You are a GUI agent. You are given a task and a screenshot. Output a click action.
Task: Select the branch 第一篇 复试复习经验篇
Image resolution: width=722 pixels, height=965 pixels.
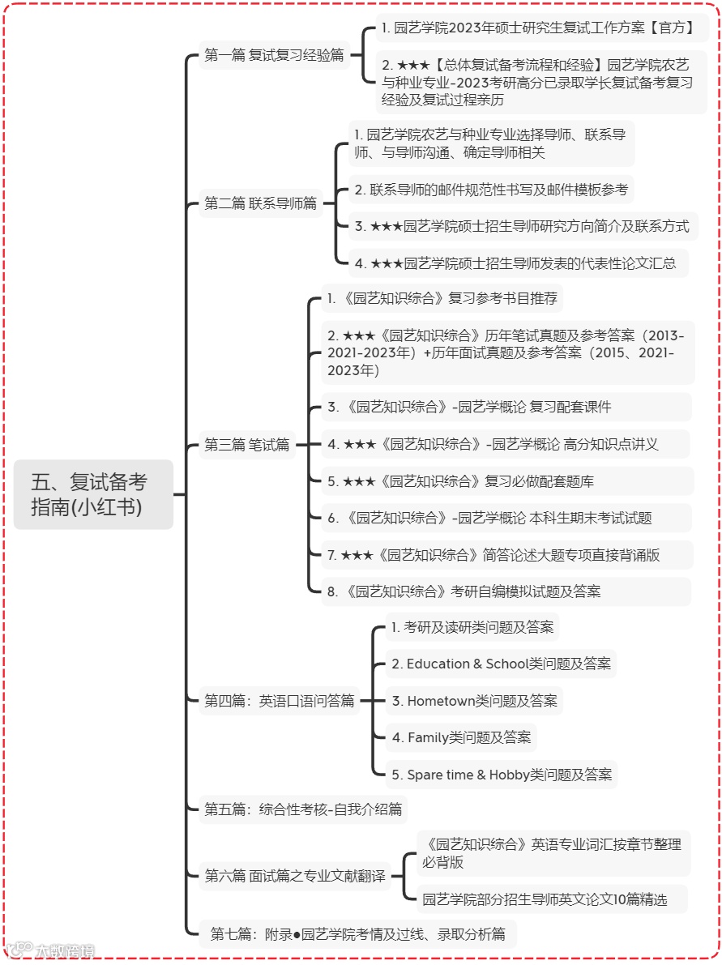[274, 56]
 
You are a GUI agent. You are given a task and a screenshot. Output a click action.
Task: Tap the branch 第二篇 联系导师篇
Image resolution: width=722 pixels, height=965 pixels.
[260, 203]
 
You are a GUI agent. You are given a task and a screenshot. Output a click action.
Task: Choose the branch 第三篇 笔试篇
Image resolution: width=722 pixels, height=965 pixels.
[246, 445]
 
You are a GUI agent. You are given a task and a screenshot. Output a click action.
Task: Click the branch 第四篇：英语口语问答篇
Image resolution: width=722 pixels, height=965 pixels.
[279, 701]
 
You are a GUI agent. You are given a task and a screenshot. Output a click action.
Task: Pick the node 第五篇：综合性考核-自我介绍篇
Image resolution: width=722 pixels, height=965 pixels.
[303, 809]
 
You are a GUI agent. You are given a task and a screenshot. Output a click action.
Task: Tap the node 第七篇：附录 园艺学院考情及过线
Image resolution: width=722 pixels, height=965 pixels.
[357, 934]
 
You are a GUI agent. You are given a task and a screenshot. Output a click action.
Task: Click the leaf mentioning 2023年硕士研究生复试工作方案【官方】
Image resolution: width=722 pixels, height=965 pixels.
[538, 28]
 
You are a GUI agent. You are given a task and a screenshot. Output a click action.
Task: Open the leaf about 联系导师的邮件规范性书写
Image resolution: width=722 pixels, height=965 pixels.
[491, 190]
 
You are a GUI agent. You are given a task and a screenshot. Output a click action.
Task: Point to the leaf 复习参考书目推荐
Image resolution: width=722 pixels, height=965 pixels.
[442, 298]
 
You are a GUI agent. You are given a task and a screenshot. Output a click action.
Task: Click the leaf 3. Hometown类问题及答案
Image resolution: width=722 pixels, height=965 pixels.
[474, 701]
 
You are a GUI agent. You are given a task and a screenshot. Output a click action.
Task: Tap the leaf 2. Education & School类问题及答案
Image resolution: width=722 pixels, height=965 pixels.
[501, 664]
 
